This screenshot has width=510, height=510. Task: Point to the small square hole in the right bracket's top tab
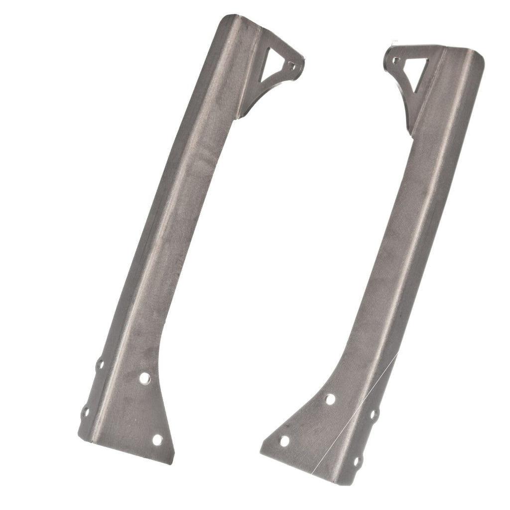(396, 60)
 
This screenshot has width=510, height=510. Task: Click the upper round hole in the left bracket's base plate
(144, 378)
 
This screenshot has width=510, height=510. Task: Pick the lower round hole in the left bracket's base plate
(157, 440)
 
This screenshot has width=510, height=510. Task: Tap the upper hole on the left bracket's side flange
(100, 364)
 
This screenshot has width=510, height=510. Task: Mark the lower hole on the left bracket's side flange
(86, 412)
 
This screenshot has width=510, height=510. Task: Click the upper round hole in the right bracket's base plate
(330, 398)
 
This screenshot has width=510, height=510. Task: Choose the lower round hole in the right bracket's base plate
(284, 441)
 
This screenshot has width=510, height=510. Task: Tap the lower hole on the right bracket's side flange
(357, 461)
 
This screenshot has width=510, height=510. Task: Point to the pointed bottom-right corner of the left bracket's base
(171, 461)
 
